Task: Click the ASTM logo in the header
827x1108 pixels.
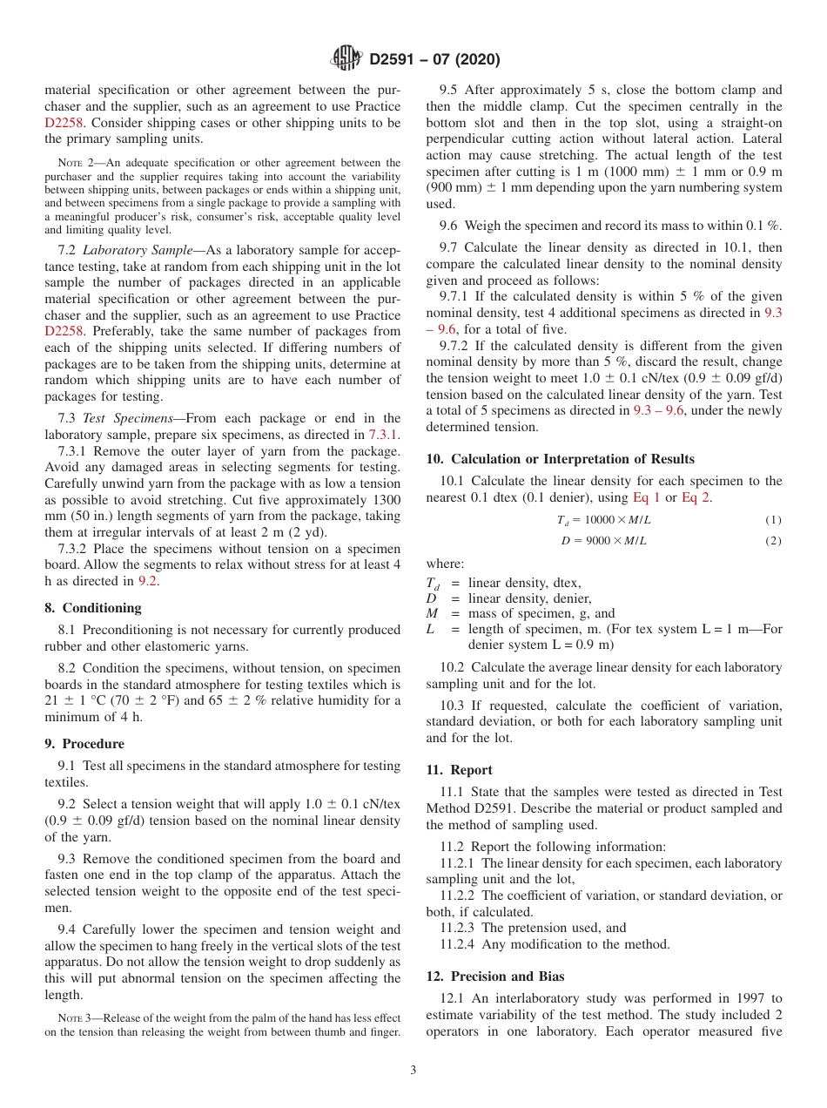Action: pyautogui.click(x=346, y=59)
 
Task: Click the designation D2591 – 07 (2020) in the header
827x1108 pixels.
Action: pyautogui.click(x=434, y=60)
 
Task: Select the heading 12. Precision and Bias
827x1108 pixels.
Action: pyautogui.click(x=495, y=976)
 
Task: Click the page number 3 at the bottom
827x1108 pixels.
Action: pyautogui.click(x=413, y=1071)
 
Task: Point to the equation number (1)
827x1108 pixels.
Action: pyautogui.click(x=773, y=520)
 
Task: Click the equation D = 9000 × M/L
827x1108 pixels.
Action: pyautogui.click(x=603, y=541)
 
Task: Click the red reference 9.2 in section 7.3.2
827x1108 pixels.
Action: pyautogui.click(x=148, y=582)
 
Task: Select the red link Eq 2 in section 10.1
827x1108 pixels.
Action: pyautogui.click(x=696, y=497)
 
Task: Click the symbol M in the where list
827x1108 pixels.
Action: pyautogui.click(x=431, y=613)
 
